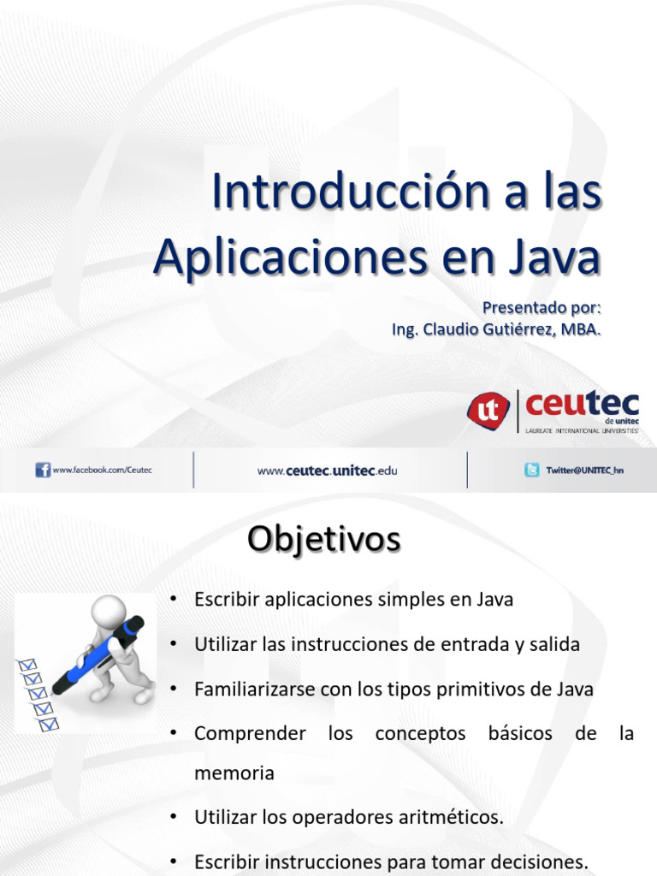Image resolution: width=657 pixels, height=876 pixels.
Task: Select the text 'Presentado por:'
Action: pos(542,307)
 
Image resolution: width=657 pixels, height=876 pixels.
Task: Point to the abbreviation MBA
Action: pos(581,329)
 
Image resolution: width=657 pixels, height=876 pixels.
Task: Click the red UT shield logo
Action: pos(488,409)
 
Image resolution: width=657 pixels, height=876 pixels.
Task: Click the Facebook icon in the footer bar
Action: pos(43,470)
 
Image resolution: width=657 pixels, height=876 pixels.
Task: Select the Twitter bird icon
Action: pos(531,470)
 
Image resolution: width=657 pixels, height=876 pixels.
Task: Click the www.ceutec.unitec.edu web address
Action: pos(328,471)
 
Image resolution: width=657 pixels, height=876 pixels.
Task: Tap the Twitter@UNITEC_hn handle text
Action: pos(585,471)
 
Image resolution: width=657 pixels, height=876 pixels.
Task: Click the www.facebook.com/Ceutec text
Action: pos(102,470)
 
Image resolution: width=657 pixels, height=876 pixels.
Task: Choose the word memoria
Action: pos(234,773)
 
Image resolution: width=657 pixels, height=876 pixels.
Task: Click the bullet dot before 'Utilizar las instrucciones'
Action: pos(174,645)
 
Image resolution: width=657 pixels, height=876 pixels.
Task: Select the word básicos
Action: pos(519,733)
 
